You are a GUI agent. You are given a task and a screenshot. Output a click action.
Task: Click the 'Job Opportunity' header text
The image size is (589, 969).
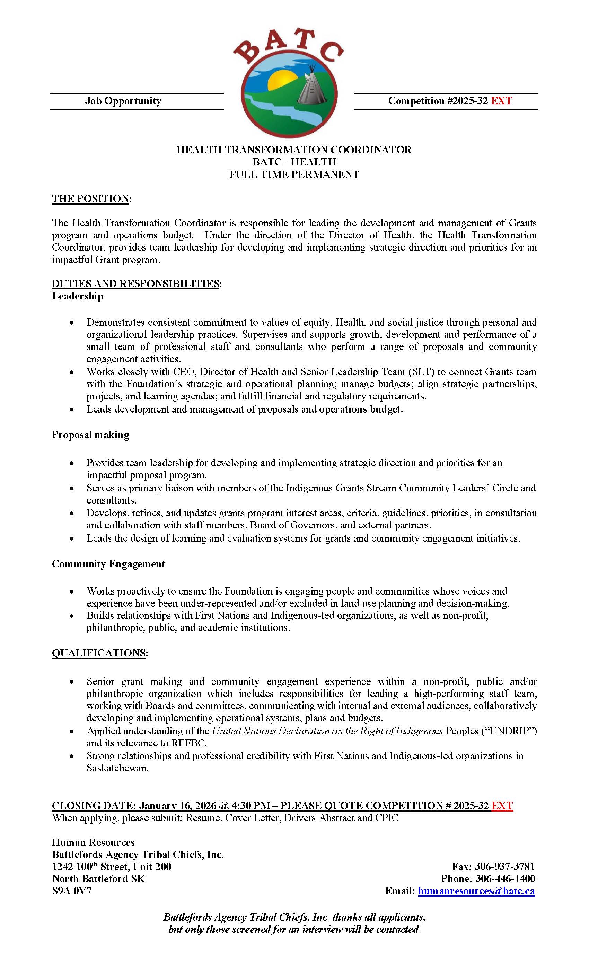[x=123, y=101]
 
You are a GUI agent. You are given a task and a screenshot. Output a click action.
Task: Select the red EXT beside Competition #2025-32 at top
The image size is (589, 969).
[x=501, y=101]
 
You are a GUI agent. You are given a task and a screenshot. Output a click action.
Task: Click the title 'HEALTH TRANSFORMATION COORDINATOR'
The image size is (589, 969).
[x=294, y=150]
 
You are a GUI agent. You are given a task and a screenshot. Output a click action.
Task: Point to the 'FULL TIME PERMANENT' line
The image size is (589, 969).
[x=294, y=174]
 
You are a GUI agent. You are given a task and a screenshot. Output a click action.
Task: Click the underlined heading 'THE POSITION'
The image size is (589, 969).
[x=90, y=199]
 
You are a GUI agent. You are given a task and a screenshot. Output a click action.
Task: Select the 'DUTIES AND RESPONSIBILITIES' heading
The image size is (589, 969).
[x=135, y=283]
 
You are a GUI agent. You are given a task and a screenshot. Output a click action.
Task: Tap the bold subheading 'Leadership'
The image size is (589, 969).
[x=78, y=296]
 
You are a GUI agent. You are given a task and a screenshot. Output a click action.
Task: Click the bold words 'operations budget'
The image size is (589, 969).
[x=360, y=409]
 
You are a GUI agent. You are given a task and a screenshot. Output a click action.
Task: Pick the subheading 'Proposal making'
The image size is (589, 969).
[x=90, y=435]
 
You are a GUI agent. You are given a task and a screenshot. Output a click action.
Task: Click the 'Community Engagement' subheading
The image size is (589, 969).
[x=108, y=563]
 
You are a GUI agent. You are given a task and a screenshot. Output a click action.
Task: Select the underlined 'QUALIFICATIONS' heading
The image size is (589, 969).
[x=98, y=653]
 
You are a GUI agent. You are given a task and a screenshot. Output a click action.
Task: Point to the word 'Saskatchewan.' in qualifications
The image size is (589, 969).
[x=118, y=768]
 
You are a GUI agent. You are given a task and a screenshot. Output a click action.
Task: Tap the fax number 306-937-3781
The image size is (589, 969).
[x=504, y=866]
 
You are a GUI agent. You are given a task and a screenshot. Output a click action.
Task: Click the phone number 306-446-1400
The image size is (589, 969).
[x=505, y=879]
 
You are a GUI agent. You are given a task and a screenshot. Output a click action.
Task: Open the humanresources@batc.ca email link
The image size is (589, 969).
[x=476, y=891]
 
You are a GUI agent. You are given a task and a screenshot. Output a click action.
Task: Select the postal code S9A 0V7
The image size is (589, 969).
[x=72, y=891]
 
